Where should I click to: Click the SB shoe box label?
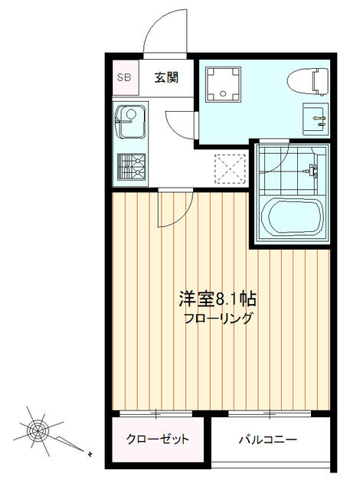pos(124,77)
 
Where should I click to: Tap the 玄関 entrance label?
pos(166,77)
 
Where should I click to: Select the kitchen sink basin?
pos(130,122)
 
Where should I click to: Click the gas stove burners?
pos(131,167)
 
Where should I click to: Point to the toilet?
pos(308,82)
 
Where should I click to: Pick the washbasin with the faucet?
pos(315,119)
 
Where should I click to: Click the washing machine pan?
pos(223,84)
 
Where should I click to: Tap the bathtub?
pos(291,216)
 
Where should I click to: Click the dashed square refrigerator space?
pos(230,168)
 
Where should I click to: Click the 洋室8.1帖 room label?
pos(218,299)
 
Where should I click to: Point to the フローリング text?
pos(218,318)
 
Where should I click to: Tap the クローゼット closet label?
pos(158,439)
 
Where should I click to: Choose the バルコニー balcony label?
pos(268,439)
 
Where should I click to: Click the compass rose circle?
pos(38,431)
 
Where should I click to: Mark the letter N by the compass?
pos(90,453)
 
